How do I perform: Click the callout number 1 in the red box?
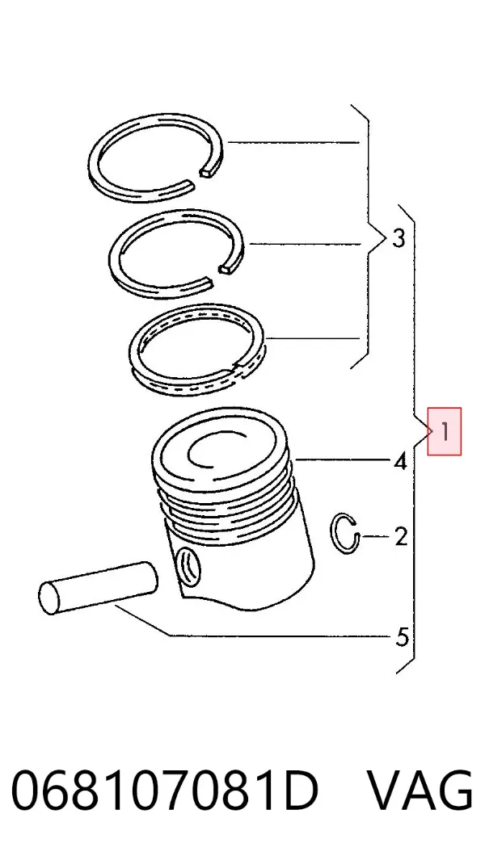coord(445,433)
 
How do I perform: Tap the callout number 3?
coord(399,238)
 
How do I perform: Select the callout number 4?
coord(400,461)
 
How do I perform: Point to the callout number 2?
coord(401,536)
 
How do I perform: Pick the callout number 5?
coord(402,637)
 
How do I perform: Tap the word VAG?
coord(419,791)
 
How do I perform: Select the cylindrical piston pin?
coord(98,588)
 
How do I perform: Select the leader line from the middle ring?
coord(305,244)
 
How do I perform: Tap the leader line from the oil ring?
coord(313,338)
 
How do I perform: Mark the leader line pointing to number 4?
coord(342,458)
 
